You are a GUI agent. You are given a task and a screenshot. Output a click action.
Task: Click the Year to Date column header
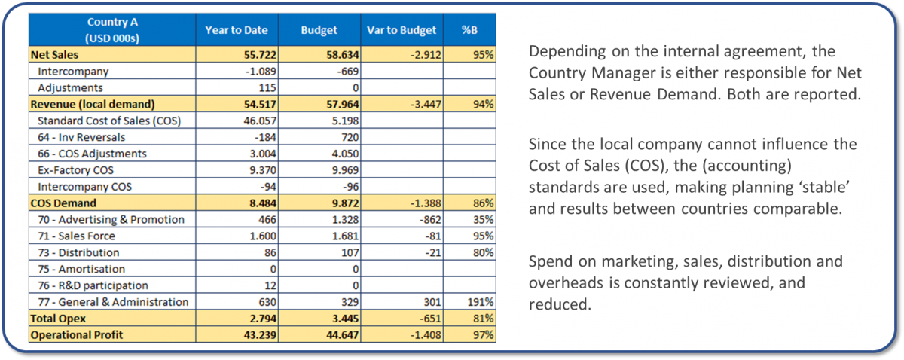pyautogui.click(x=237, y=30)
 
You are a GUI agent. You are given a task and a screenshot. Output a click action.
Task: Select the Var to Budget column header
pyautogui.click(x=402, y=30)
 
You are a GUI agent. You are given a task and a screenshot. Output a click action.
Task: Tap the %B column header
pyautogui.click(x=469, y=30)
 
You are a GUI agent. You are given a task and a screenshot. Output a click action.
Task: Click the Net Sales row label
pyautogui.click(x=54, y=54)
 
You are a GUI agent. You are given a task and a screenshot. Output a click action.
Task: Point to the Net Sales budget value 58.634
pyautogui.click(x=343, y=54)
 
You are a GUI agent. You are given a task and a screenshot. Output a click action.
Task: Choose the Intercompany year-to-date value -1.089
pyautogui.click(x=261, y=71)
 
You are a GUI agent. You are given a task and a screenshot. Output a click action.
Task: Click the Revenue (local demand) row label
pyautogui.click(x=93, y=104)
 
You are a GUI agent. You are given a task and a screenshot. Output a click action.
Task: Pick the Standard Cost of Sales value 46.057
pyautogui.click(x=260, y=121)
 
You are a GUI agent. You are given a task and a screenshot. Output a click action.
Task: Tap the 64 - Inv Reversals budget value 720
pyautogui.click(x=350, y=137)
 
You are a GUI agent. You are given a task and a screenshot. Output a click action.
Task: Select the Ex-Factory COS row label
pyautogui.click(x=75, y=170)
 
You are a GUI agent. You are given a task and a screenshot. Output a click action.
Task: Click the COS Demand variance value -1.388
pyautogui.click(x=426, y=203)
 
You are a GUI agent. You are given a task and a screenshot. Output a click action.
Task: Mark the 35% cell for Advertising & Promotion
pyautogui.click(x=483, y=220)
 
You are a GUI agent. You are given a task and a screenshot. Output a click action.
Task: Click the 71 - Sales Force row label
pyautogui.click(x=76, y=236)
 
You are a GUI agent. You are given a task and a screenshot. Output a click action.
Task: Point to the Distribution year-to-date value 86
pyautogui.click(x=270, y=252)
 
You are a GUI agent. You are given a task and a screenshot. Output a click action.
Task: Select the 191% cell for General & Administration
pyautogui.click(x=481, y=302)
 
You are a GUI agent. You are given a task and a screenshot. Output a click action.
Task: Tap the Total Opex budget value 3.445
pyautogui.click(x=346, y=319)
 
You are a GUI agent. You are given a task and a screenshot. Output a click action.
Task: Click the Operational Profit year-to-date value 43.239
pyautogui.click(x=260, y=335)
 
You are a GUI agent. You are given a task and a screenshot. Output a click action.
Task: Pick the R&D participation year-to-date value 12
pyautogui.click(x=270, y=285)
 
